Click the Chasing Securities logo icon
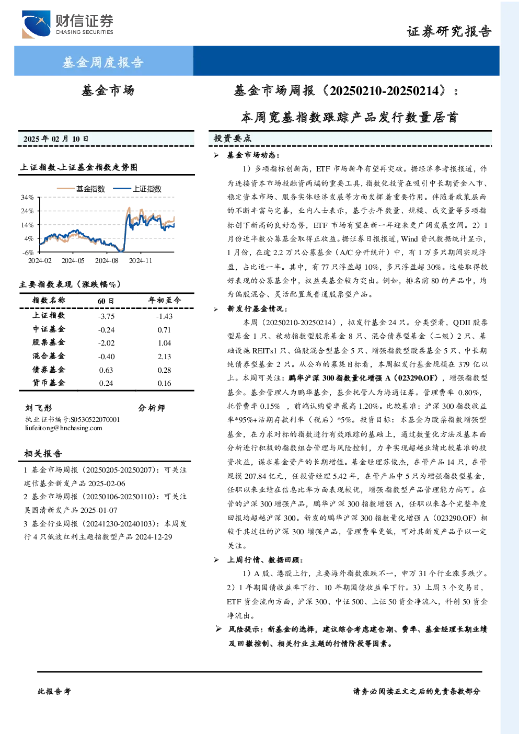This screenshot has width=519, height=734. click(x=36, y=24)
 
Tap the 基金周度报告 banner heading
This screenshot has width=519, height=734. click(x=103, y=62)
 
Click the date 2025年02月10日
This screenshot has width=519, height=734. click(x=56, y=139)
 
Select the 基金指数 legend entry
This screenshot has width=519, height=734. click(x=81, y=189)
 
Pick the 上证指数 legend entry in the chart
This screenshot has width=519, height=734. click(x=137, y=189)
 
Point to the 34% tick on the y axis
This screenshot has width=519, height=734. click(x=27, y=197)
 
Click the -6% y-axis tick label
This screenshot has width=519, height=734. click(x=28, y=253)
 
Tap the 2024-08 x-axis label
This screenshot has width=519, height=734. click(x=107, y=260)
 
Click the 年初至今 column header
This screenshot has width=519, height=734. click(x=165, y=300)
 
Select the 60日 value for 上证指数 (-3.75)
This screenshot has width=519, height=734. click(x=106, y=316)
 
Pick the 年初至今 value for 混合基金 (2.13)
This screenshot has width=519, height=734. click(x=164, y=357)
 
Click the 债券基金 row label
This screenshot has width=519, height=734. click(x=49, y=370)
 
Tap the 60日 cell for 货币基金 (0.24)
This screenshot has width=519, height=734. click(x=106, y=383)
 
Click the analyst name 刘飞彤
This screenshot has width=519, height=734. click(x=39, y=408)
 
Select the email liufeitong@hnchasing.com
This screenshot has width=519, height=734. click(x=64, y=428)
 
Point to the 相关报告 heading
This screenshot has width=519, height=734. click(x=43, y=453)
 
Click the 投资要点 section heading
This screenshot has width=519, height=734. click(x=233, y=139)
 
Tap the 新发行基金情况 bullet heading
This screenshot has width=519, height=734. click(x=257, y=308)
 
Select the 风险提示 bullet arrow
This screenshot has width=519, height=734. click(x=218, y=629)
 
